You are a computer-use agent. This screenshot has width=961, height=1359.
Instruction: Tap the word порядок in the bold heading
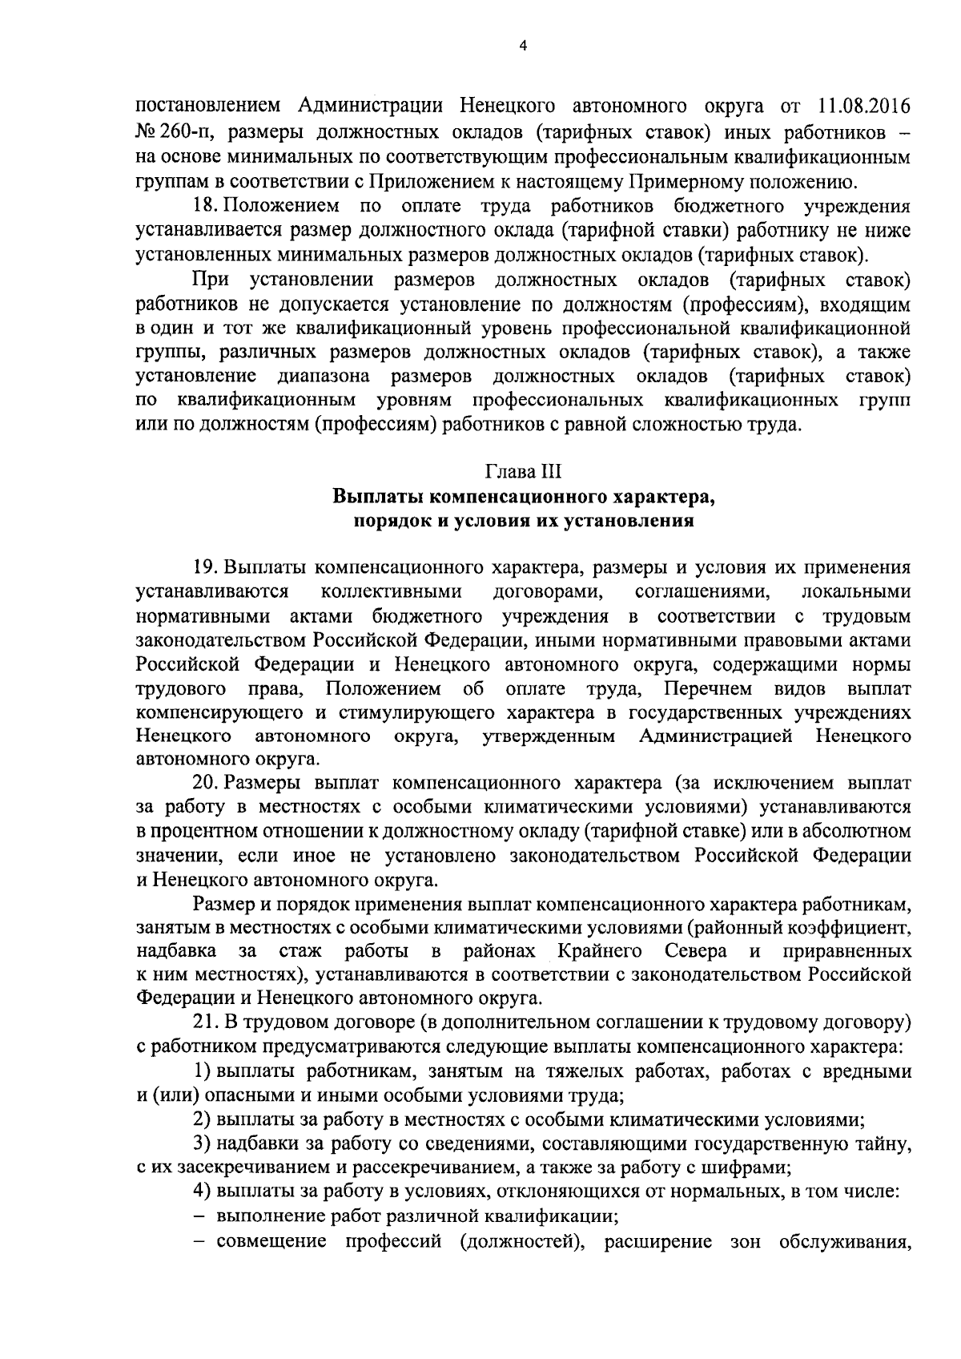[x=386, y=522]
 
